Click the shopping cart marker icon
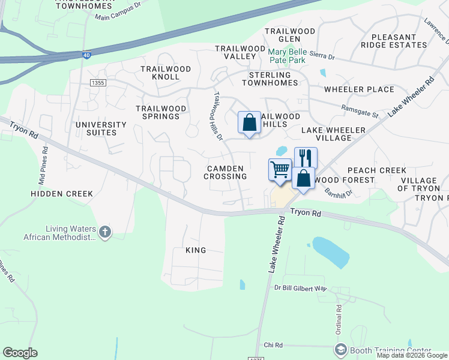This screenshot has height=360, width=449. pyautogui.click(x=280, y=170)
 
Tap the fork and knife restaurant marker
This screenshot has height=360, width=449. pyautogui.click(x=305, y=158)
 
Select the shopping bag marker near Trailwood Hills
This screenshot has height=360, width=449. pyautogui.click(x=249, y=123)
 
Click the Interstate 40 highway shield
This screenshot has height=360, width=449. pyautogui.click(x=88, y=55)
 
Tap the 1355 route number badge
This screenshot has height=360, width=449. pyautogui.click(x=97, y=82)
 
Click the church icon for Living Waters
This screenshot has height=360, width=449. pyautogui.click(x=105, y=232)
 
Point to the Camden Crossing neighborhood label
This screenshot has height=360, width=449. pyautogui.click(x=225, y=173)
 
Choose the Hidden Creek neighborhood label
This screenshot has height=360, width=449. pyautogui.click(x=62, y=194)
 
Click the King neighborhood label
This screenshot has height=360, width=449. pyautogui.click(x=196, y=250)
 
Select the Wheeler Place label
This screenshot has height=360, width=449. pyautogui.click(x=359, y=90)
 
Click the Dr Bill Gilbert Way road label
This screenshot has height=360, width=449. pyautogui.click(x=300, y=289)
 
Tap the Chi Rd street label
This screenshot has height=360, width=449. pyautogui.click(x=273, y=346)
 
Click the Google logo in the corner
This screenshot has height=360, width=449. pyautogui.click(x=20, y=353)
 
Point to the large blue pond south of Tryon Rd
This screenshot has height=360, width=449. pyautogui.click(x=330, y=252)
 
